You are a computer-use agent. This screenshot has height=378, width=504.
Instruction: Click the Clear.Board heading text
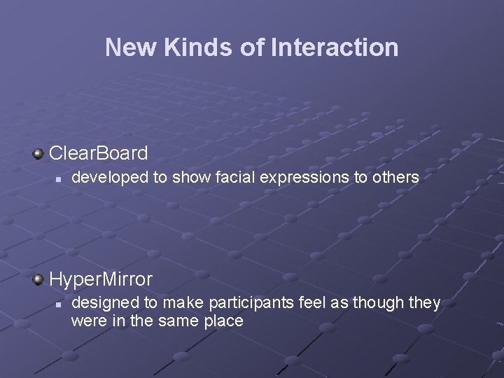click(x=99, y=153)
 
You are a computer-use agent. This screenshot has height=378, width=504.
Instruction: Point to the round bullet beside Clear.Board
click(x=38, y=153)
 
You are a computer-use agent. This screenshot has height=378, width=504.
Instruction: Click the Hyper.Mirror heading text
click(x=101, y=279)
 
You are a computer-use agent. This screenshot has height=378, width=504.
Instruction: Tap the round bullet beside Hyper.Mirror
click(x=38, y=279)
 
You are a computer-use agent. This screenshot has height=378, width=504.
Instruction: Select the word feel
click(x=295, y=303)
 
